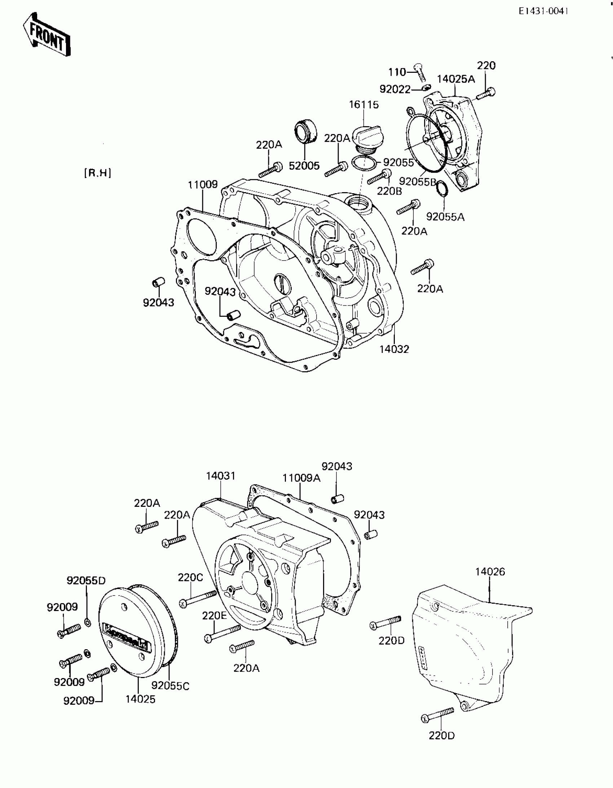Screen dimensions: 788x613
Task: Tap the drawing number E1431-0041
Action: pos(543,11)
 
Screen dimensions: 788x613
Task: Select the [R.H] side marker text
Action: pos(97,173)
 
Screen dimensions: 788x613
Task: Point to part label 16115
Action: pos(363,105)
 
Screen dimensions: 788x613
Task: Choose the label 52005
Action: pos(304,166)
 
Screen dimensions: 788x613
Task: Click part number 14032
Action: pos(394,349)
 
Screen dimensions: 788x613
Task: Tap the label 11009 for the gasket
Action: pos(203,184)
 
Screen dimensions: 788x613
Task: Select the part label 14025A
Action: pos(456,79)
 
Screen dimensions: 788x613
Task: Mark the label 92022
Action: pos(395,89)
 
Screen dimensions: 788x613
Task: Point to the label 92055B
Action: pos(418,182)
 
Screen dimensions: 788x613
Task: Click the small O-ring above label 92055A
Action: pos(442,188)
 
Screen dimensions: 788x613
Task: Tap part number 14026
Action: pos(490,571)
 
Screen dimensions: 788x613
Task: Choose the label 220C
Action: pos(190,577)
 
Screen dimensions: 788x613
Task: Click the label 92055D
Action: pos(86,580)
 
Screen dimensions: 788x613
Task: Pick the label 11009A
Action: pos(301,478)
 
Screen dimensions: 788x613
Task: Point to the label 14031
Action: pos(221,476)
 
